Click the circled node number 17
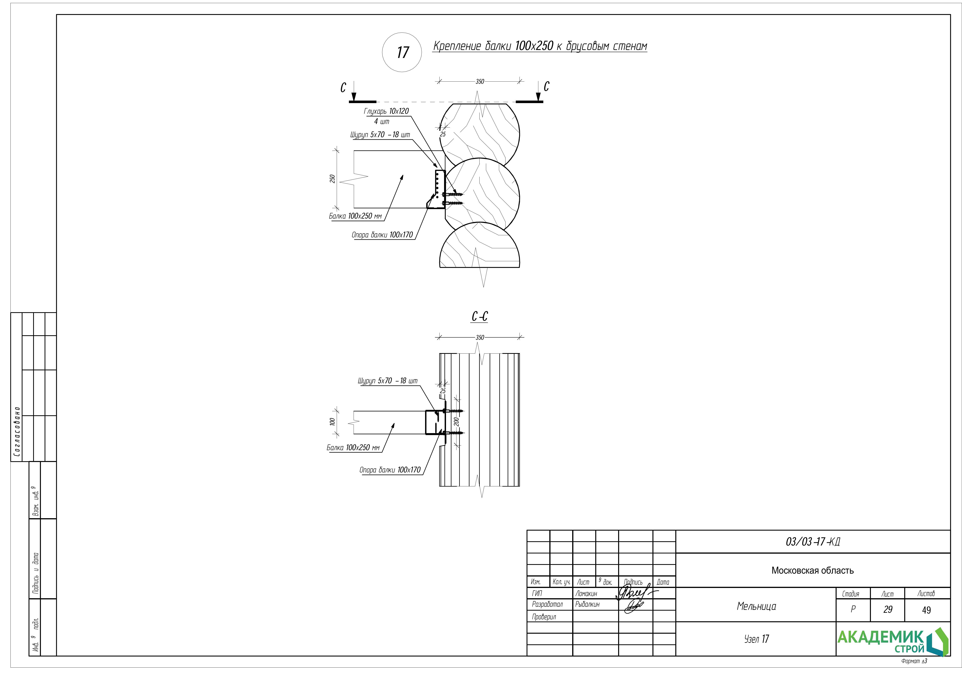(x=402, y=52)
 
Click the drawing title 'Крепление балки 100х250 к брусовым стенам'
(x=540, y=46)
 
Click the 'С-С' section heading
(x=479, y=317)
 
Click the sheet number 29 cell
(x=887, y=610)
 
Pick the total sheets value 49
(x=926, y=610)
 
